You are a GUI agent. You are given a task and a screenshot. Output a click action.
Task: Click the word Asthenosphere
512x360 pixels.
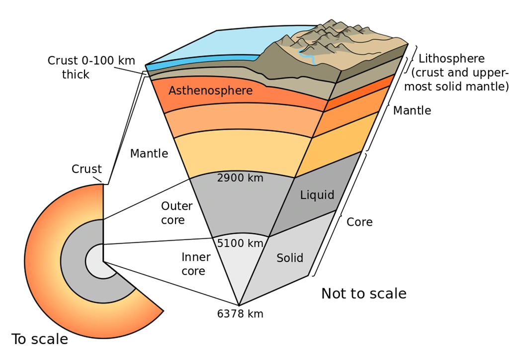(210, 90)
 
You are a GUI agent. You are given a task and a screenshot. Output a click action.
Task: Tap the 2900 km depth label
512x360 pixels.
(240, 178)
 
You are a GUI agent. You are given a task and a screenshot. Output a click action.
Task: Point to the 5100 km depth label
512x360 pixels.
(240, 243)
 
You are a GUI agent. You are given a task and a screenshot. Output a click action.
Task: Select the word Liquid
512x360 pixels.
(317, 195)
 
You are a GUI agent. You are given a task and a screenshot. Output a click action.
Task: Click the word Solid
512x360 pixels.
(290, 258)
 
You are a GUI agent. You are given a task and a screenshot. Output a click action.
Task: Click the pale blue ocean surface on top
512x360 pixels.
(219, 45)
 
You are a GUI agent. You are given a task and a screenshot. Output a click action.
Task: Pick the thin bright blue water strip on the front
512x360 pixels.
(199, 63)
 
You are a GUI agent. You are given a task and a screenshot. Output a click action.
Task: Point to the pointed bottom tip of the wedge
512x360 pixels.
(240, 304)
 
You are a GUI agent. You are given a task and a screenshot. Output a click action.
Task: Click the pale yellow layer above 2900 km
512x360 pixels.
(239, 152)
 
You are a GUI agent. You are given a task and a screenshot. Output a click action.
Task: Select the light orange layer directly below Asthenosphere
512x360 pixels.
(239, 122)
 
